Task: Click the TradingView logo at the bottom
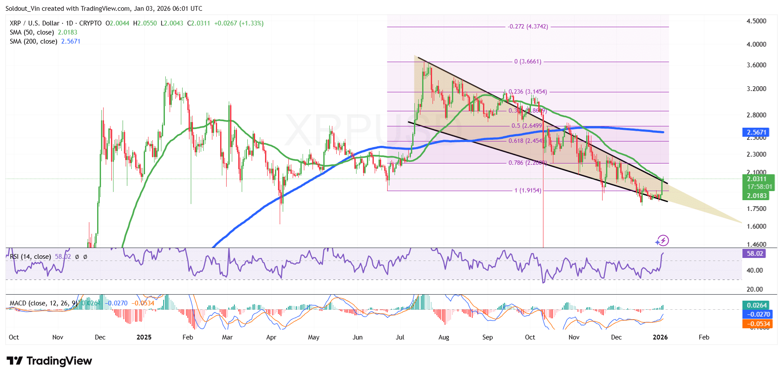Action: pos(49,361)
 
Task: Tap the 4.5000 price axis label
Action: pos(756,21)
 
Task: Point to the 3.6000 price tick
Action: pos(756,65)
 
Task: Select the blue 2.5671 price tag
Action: pos(756,132)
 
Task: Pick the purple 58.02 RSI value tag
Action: pos(755,254)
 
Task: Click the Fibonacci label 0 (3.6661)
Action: pos(527,62)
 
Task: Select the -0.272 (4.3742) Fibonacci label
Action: pos(528,27)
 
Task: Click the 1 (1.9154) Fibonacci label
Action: pos(527,191)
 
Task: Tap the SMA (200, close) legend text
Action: pos(34,41)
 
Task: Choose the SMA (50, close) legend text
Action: pos(32,32)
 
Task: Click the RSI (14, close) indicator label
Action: pos(30,257)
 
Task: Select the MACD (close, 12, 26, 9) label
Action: pos(44,303)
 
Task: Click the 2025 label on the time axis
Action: pos(144,337)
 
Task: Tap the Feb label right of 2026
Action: pos(704,337)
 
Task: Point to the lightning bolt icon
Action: pos(663,240)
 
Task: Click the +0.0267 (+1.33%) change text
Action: pos(239,23)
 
